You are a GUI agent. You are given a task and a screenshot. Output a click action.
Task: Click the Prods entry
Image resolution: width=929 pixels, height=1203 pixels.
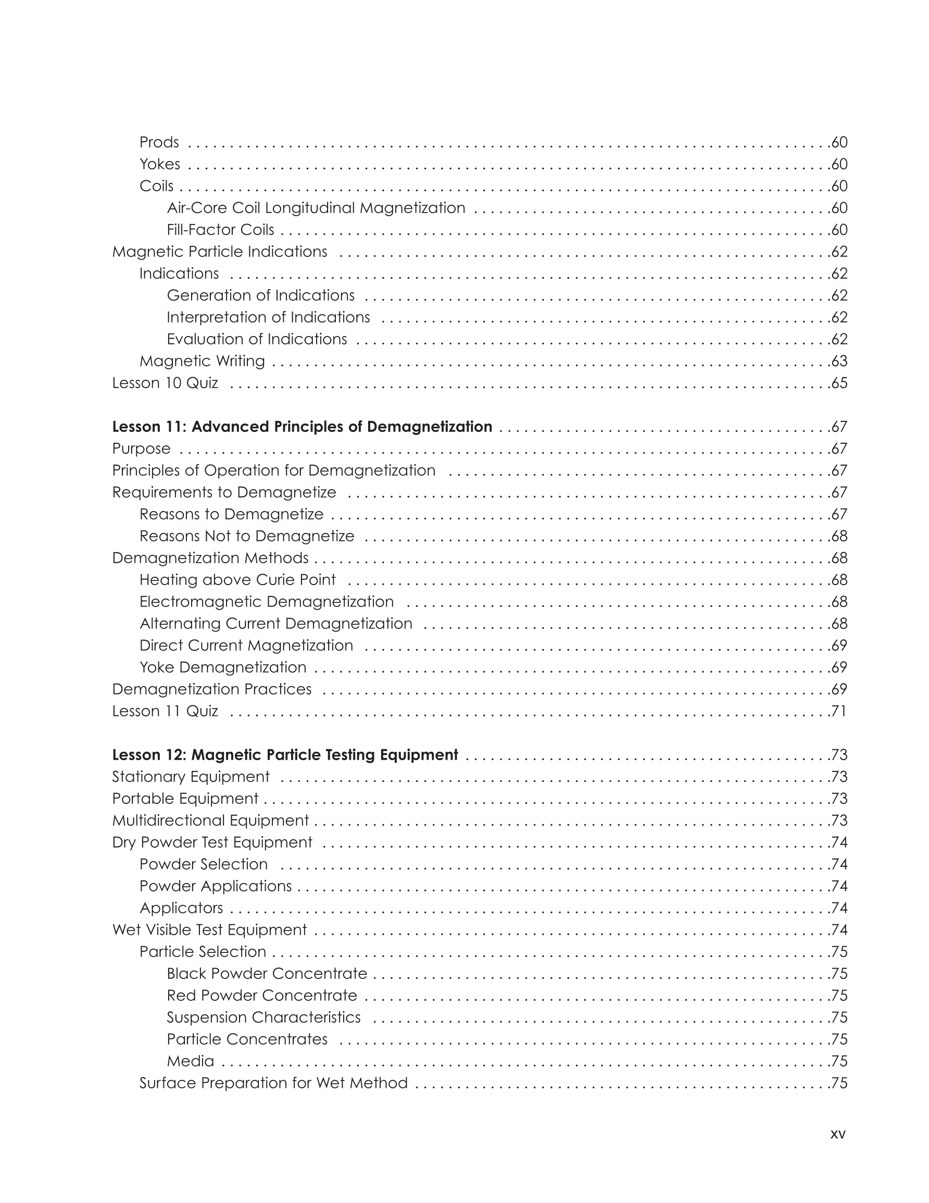[159, 142]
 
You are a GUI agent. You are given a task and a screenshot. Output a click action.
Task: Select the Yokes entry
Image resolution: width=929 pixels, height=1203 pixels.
[160, 164]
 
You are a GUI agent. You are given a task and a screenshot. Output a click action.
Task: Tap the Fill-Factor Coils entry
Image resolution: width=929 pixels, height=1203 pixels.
[220, 230]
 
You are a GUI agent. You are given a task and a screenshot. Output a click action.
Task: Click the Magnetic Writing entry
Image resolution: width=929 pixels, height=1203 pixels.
[202, 362]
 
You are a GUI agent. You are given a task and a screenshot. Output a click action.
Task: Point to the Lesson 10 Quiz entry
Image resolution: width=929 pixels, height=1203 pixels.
[165, 383]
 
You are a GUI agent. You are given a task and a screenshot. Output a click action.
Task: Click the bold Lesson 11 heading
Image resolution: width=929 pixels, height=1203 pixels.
[302, 427]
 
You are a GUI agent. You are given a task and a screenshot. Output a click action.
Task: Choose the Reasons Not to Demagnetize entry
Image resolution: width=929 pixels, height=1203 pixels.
[247, 536]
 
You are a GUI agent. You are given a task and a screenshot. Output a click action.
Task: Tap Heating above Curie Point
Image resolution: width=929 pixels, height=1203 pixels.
[237, 580]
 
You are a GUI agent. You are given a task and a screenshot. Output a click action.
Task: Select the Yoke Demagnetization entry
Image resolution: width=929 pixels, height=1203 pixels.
[222, 667]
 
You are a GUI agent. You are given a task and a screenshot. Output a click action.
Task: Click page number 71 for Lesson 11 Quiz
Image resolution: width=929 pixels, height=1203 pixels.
[839, 711]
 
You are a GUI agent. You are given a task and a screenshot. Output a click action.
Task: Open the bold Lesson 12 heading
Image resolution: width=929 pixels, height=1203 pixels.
[285, 754]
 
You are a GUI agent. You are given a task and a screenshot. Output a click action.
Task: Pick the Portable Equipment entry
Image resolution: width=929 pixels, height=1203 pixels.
[185, 799]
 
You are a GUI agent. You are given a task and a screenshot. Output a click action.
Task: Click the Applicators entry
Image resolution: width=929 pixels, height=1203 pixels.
[181, 908]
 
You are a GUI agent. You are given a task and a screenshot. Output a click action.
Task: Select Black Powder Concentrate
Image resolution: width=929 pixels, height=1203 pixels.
[267, 974]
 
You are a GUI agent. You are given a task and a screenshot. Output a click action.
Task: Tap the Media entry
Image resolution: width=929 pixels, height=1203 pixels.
[191, 1061]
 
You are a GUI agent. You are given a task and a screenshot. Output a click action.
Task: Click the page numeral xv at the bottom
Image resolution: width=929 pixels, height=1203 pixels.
[837, 1134]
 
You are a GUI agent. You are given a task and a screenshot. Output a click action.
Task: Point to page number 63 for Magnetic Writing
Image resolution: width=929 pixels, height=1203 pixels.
[839, 362]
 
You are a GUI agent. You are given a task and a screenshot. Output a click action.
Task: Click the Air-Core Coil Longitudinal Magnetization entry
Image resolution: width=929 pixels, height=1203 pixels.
[316, 208]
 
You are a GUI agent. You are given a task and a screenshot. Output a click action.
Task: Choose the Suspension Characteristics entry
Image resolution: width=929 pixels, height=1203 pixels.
[263, 1018]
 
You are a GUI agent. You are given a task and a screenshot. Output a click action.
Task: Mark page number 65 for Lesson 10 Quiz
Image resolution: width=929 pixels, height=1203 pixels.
[839, 383]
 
